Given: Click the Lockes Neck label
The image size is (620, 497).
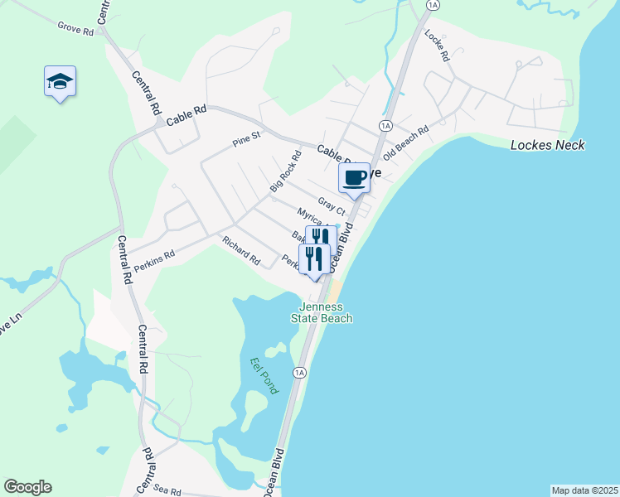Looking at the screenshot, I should click(547, 145).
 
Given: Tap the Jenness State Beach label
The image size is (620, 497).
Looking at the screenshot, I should click(322, 312).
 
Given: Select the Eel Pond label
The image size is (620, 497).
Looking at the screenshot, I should click(264, 374).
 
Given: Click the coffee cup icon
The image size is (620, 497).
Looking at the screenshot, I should click(355, 177).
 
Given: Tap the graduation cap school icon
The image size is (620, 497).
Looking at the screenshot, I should click(60, 81).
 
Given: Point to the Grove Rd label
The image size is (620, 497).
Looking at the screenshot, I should click(75, 27).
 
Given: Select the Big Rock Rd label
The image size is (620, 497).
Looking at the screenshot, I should click(285, 171).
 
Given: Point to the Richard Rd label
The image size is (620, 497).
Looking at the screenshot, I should click(240, 249).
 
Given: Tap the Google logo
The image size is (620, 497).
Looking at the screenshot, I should click(27, 487).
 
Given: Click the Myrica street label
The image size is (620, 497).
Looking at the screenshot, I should click(313, 219).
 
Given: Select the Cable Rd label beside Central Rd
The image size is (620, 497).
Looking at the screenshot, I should click(186, 119).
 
